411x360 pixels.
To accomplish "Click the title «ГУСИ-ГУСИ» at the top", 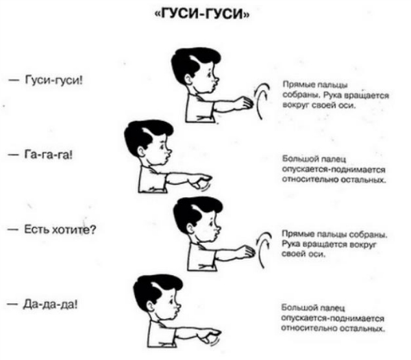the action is click(201, 14).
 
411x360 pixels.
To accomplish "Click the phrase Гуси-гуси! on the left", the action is click(53, 79).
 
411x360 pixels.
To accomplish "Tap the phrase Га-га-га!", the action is click(48, 155).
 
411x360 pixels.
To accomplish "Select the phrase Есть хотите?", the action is click(60, 229).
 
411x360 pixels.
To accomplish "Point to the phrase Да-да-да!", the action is click(50, 305).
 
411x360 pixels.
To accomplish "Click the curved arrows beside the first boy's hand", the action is click(262, 101).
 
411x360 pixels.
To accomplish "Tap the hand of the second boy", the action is click(201, 181).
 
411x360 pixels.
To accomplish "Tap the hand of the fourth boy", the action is click(210, 335).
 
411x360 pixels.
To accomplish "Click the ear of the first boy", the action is click(188, 78).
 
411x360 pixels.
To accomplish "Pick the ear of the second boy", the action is click(141, 151).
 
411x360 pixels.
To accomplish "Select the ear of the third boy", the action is click(190, 228).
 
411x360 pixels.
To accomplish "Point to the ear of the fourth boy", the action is click(150, 305).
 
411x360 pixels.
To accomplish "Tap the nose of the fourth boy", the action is click(178, 305).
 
